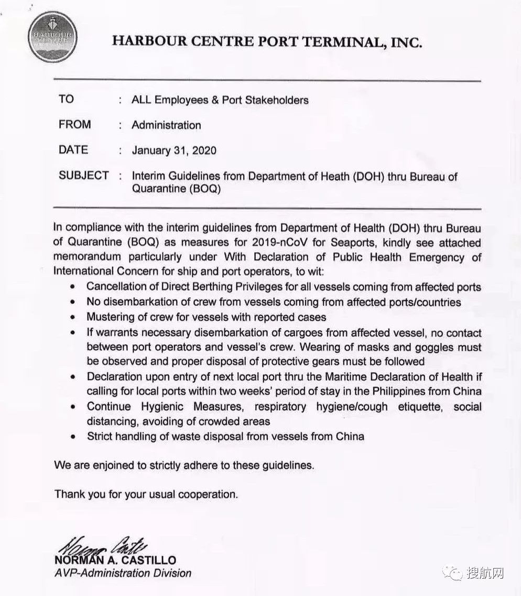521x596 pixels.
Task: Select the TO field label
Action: coord(67,99)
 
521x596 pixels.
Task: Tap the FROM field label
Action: coord(75,125)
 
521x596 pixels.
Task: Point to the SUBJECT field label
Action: coord(84,176)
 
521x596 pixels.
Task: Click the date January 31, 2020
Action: coord(174,150)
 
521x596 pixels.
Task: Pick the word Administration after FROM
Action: coord(166,125)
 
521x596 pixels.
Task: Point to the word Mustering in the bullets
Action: coord(109,317)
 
